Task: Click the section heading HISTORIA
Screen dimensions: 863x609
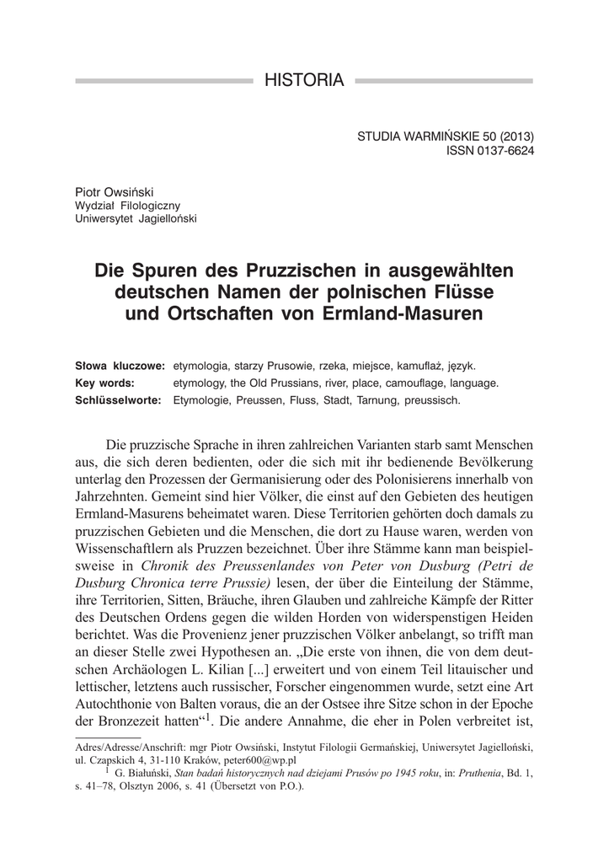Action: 304,81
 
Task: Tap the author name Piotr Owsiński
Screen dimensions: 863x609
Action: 112,191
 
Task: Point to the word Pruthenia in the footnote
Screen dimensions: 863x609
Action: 478,772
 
